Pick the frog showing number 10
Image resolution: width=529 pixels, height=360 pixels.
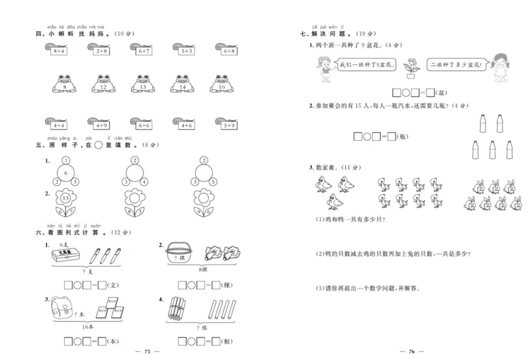(222, 85)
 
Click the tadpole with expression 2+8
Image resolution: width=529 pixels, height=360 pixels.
(99, 50)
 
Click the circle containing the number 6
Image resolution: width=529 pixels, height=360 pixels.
(65, 173)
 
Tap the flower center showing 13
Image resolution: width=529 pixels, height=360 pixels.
(65, 199)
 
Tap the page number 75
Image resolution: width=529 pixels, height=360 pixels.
(147, 351)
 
